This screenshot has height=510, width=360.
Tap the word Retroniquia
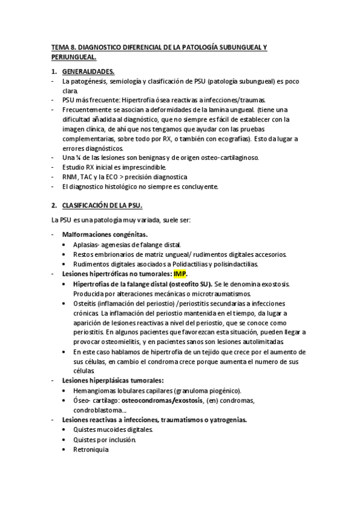(x=89, y=449)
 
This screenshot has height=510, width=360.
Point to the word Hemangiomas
(x=94, y=390)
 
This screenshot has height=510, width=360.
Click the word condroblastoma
(x=97, y=410)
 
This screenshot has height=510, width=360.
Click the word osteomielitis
(x=107, y=342)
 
